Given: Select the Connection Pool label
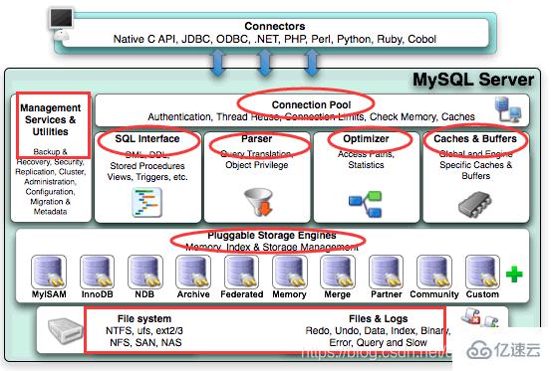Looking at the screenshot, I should click(306, 103).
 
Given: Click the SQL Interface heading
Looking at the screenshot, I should click(146, 140).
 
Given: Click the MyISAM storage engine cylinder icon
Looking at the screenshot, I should click(48, 271).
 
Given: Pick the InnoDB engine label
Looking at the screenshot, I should click(97, 294).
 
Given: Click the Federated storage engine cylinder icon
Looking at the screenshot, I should click(242, 271).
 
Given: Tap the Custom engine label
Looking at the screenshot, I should click(482, 294).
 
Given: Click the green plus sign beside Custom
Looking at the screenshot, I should click(514, 273).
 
